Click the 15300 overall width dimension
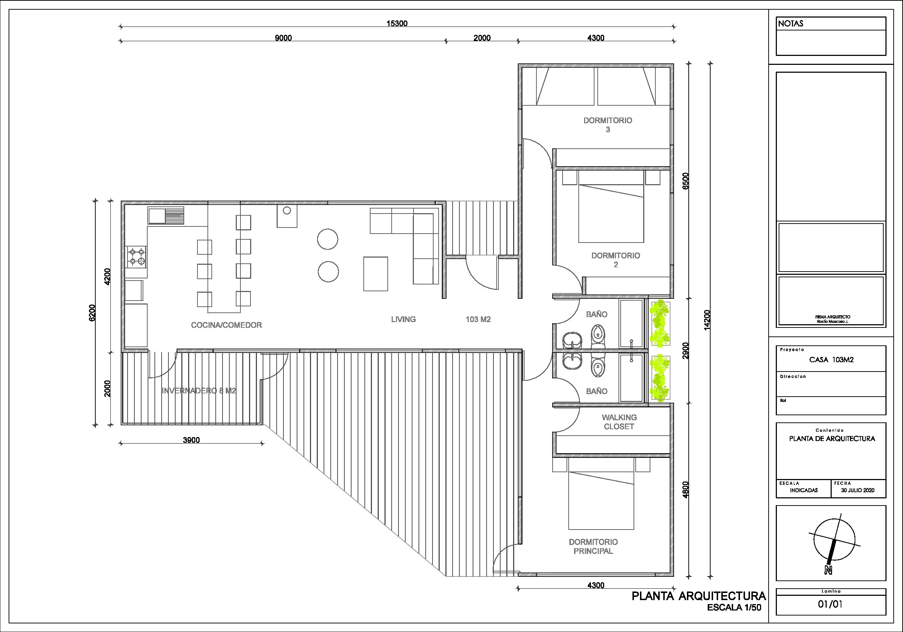(x=397, y=24)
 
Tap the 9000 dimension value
(x=283, y=38)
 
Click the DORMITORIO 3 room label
(x=608, y=125)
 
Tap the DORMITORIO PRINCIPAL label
(x=593, y=546)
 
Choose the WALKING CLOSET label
(x=619, y=422)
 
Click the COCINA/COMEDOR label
(x=226, y=325)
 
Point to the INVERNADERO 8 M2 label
(x=199, y=391)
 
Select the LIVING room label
(x=403, y=319)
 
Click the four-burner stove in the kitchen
(x=136, y=257)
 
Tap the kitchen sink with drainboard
(x=166, y=216)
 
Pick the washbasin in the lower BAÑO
(x=572, y=362)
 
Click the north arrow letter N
(x=828, y=570)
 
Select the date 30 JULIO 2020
(x=857, y=490)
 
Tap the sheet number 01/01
(x=830, y=604)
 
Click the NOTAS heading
(x=790, y=24)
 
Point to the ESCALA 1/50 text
(x=734, y=607)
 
